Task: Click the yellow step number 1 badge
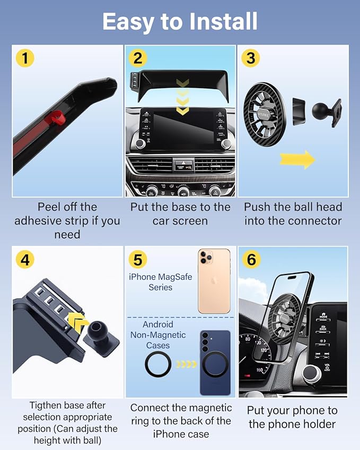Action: [x=25, y=58]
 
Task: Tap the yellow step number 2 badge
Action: [x=137, y=58]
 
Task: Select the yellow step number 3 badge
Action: [x=251, y=58]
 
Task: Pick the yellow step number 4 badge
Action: [x=25, y=260]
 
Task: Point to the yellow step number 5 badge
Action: [x=138, y=260]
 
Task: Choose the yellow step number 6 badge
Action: [x=251, y=260]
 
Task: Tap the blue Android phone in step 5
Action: [x=215, y=363]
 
